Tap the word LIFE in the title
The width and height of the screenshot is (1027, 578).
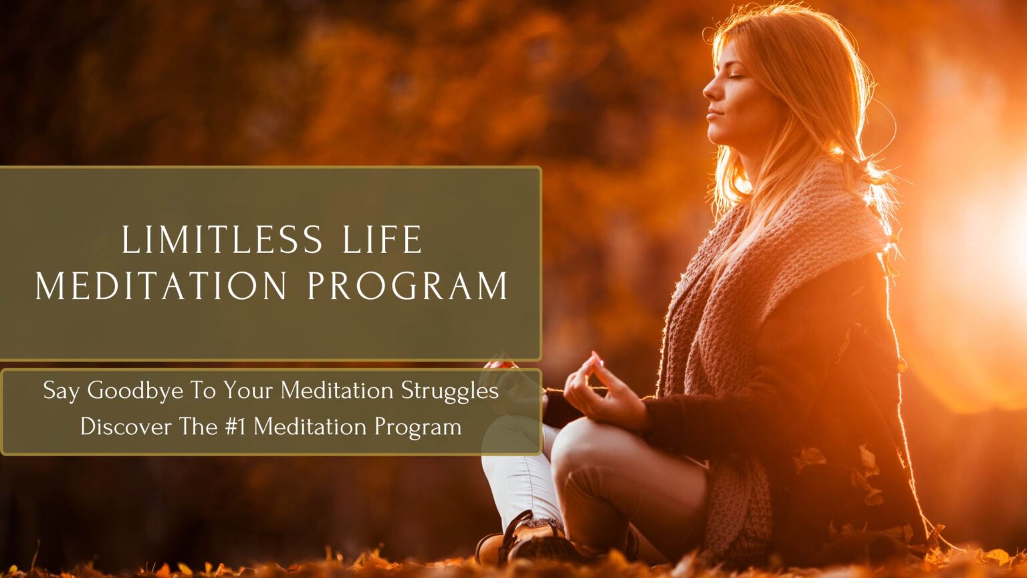383,240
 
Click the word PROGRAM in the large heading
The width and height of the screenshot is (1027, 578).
408,286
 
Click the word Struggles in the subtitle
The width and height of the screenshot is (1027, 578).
449,391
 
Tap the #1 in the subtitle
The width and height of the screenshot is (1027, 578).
235,426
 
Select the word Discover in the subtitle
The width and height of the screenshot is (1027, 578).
126,426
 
